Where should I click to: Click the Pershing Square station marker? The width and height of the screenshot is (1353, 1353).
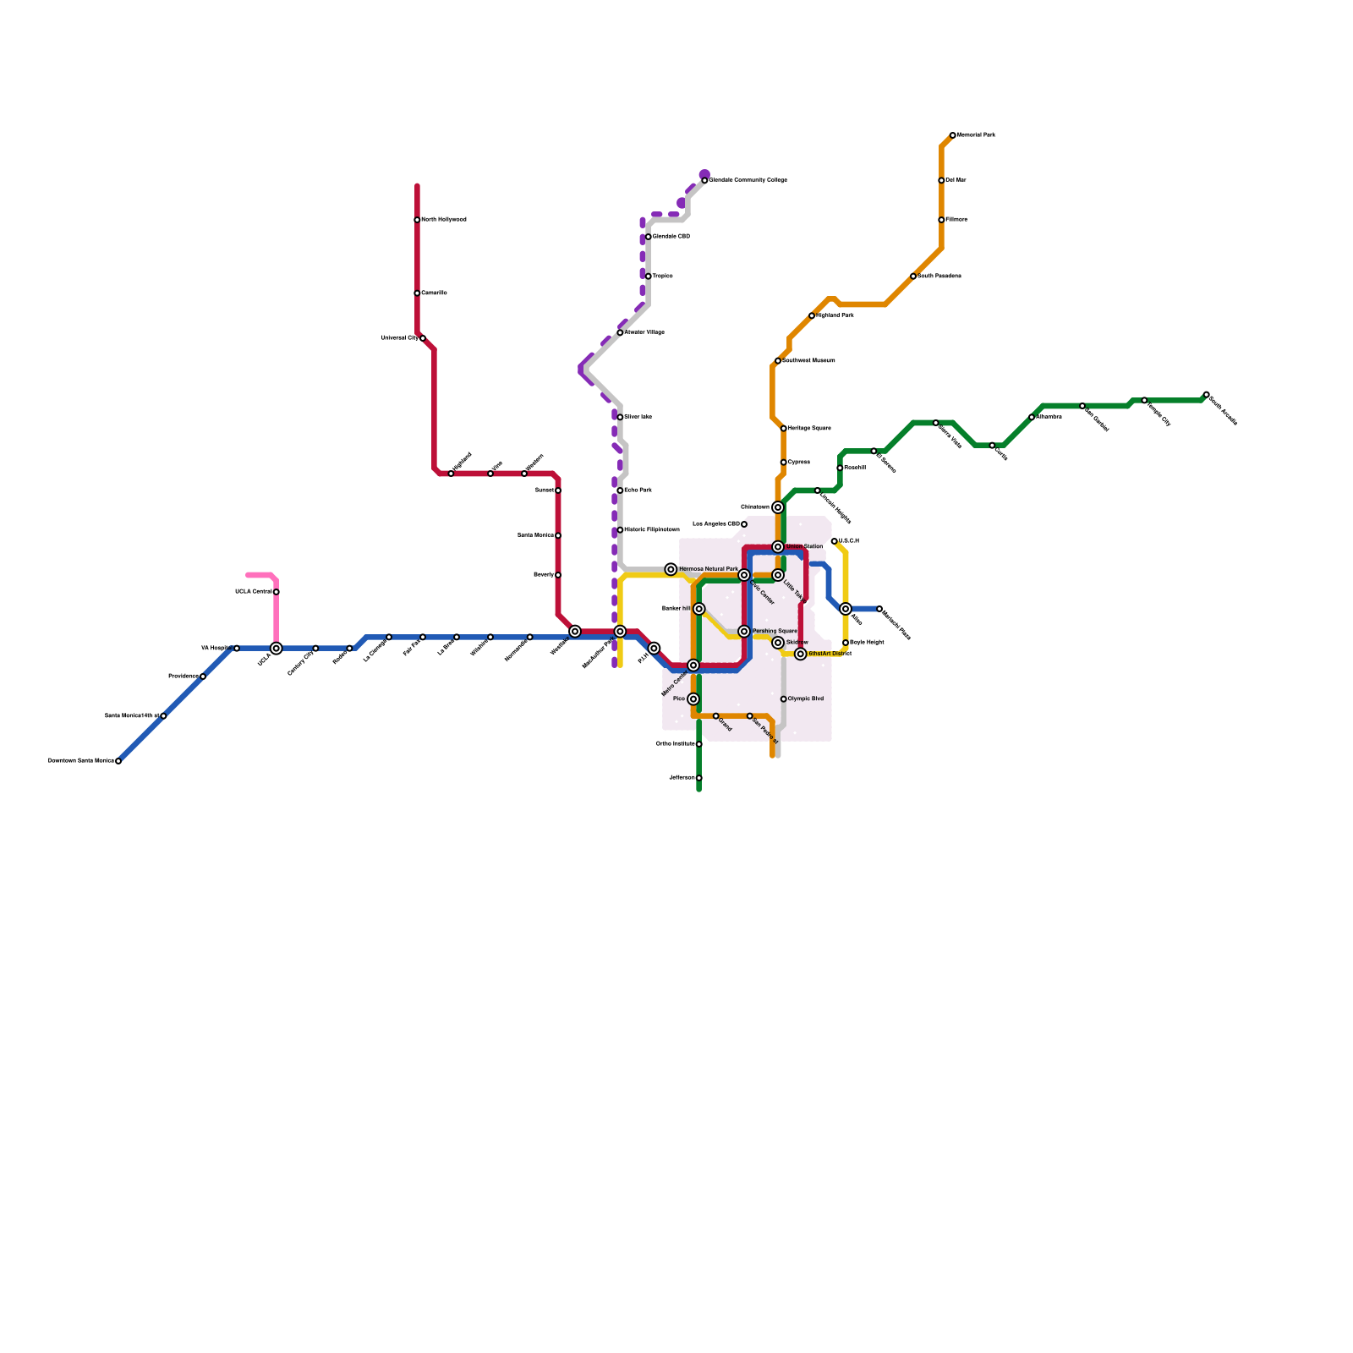744,632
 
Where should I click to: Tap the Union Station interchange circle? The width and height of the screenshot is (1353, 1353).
778,547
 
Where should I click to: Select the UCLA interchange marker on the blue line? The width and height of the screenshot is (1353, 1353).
277,649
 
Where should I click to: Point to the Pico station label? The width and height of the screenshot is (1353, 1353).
679,699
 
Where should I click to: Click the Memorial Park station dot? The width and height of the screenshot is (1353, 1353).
953,135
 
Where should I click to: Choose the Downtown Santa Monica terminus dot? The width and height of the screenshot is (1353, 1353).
118,761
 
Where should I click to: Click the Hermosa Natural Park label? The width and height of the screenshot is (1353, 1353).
709,569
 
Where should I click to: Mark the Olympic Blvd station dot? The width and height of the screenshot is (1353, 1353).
784,699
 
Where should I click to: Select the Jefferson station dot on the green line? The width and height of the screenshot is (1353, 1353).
699,778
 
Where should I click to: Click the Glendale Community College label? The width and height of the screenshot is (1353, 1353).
748,180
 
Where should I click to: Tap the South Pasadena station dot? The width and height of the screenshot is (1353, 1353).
913,277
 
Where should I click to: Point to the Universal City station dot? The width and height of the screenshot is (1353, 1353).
423,338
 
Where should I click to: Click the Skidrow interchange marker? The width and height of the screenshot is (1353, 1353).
778,643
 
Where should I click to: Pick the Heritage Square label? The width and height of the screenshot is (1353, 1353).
809,429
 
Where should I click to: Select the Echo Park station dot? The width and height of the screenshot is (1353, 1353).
620,490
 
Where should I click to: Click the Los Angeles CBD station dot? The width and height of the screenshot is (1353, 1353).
744,524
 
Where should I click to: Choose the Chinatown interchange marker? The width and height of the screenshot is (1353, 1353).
778,507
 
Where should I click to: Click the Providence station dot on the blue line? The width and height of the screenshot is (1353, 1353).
203,676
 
